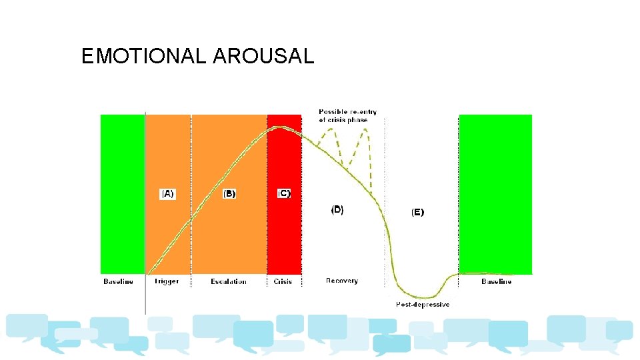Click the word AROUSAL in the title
(263, 57)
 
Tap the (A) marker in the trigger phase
(167, 194)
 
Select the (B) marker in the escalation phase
(229, 194)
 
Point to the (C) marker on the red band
(284, 193)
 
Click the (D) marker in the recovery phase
(337, 209)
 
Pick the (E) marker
(417, 212)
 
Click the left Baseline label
(118, 281)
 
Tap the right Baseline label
(497, 281)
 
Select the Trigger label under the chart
(167, 281)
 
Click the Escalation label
(229, 281)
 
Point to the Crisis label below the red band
(283, 281)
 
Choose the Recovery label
(342, 281)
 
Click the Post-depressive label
(423, 305)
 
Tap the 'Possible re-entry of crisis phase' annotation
(347, 115)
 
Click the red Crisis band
(284, 233)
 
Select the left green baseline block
(122, 193)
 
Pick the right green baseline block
(495, 193)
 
